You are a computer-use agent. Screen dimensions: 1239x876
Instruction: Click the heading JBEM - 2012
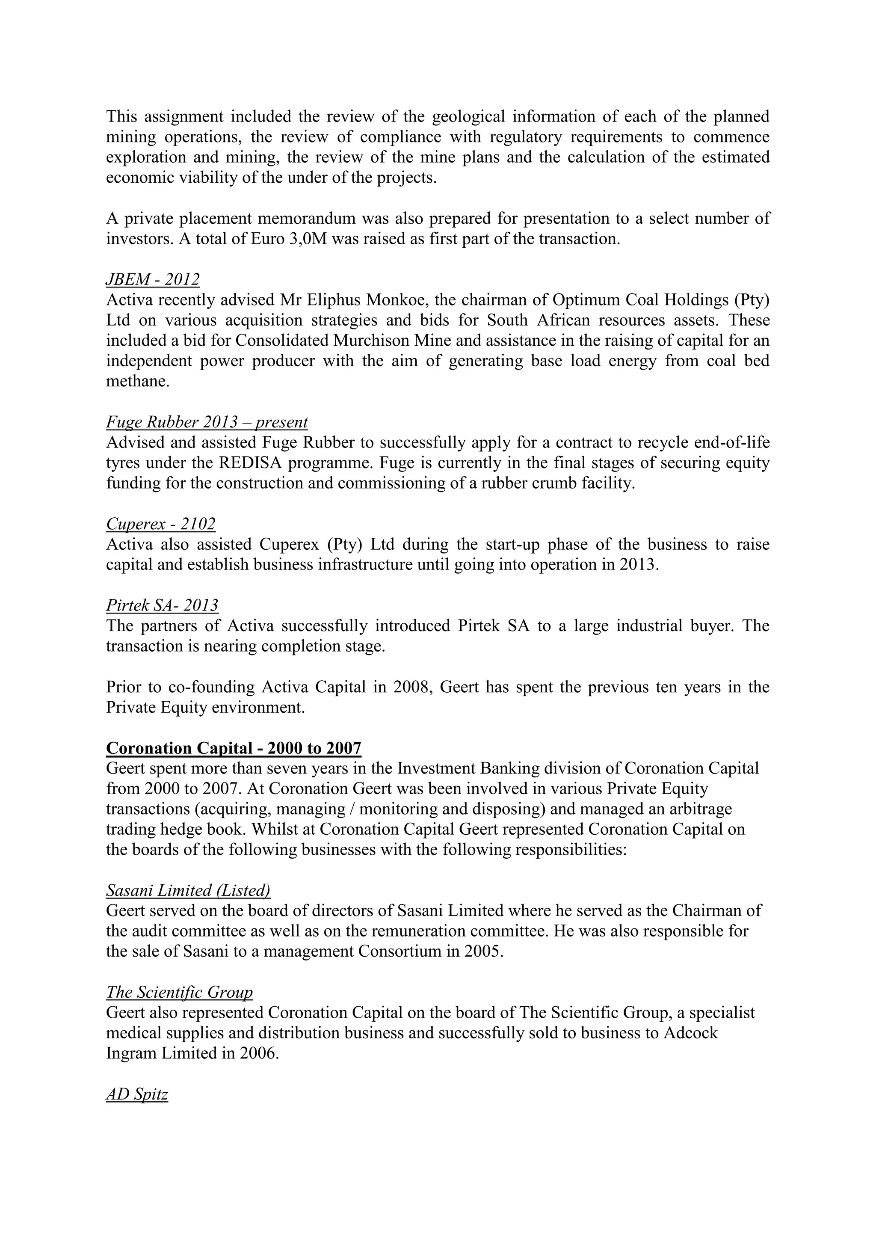153,279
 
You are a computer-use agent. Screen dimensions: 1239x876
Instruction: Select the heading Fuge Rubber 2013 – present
207,422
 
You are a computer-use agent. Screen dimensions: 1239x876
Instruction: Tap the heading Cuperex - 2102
161,523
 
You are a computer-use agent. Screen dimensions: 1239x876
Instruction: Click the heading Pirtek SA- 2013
162,605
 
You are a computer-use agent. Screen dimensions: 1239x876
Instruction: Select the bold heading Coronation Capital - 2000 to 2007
234,748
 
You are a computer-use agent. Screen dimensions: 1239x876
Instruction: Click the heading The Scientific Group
179,992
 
